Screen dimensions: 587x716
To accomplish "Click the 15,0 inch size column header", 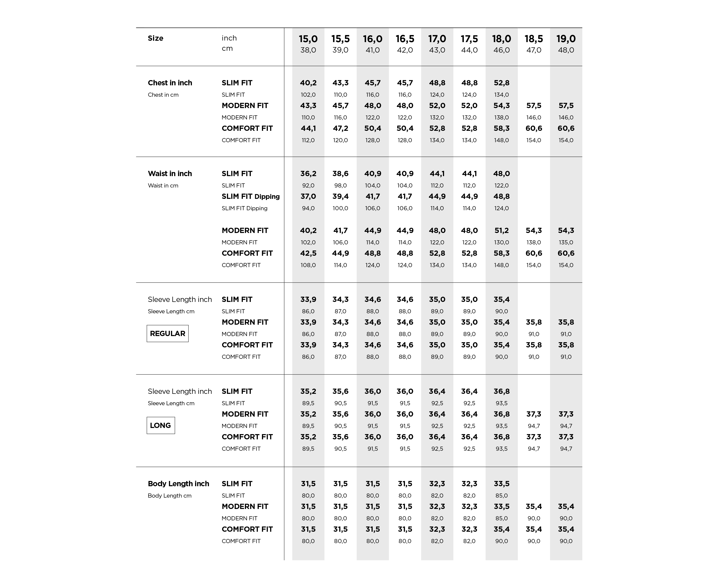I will point(308,39).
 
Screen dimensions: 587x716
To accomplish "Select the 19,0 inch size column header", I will point(566,39).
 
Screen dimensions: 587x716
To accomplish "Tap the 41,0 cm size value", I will point(372,50).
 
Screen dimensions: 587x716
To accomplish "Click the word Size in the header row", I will point(156,38).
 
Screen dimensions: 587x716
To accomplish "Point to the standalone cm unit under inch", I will point(227,48).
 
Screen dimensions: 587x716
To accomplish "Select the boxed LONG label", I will point(161,425).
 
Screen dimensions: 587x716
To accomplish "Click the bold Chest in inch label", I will point(170,83).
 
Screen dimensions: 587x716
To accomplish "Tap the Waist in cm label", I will point(163,185).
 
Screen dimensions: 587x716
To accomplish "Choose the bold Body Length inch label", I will point(178,483).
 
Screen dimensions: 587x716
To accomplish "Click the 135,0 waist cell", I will point(566,242).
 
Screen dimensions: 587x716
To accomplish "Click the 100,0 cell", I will point(340,208).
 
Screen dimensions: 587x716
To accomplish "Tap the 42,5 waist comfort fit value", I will point(308,253).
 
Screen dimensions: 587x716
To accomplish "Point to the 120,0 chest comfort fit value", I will point(340,140).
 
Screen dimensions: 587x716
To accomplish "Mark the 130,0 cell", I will point(501,242).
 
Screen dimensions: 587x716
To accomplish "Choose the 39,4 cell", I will point(340,196).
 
